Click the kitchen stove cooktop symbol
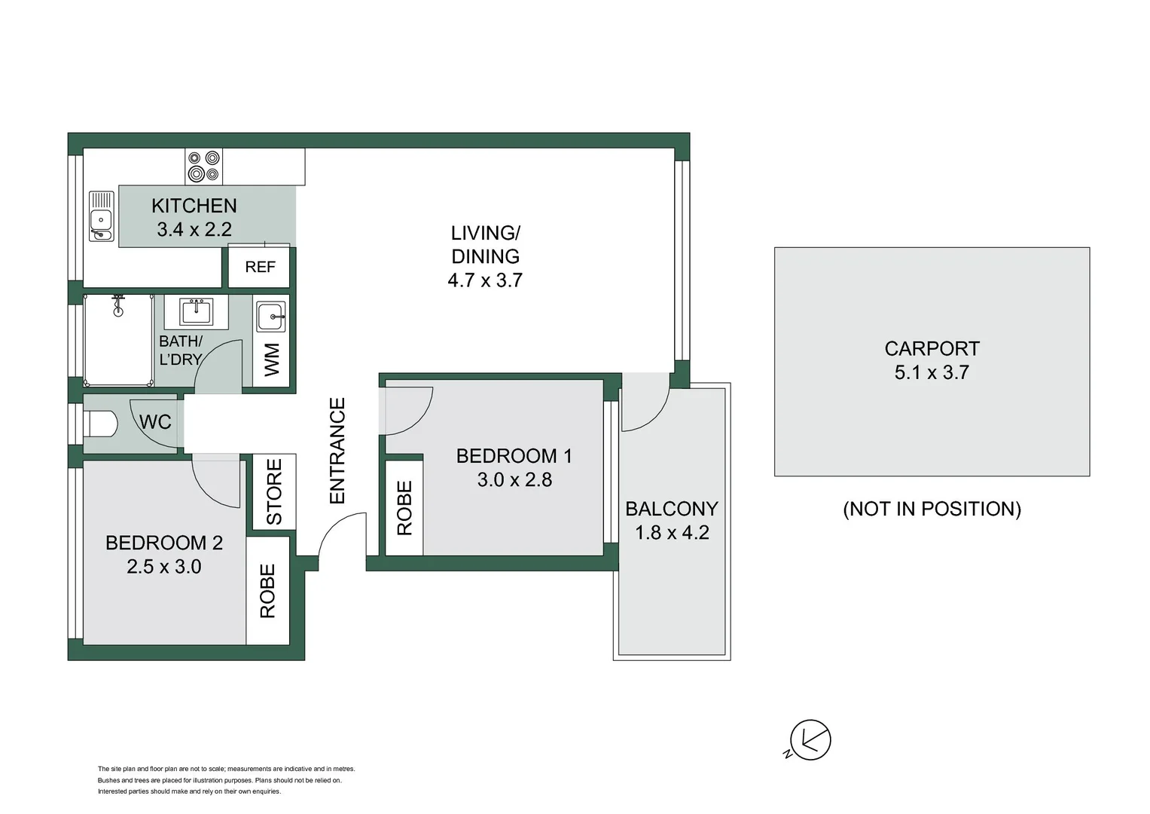[204, 167]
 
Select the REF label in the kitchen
[260, 267]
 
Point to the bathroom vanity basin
[196, 311]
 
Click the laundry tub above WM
[270, 317]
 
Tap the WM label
[272, 360]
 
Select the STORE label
[274, 491]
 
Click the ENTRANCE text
[337, 451]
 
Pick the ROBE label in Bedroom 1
[404, 508]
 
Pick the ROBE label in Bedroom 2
[267, 591]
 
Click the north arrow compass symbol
[810, 740]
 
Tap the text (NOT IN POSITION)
[932, 509]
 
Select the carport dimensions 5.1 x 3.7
[932, 372]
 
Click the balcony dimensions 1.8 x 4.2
[672, 533]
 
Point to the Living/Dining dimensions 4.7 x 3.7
[485, 280]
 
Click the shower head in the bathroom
[117, 301]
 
